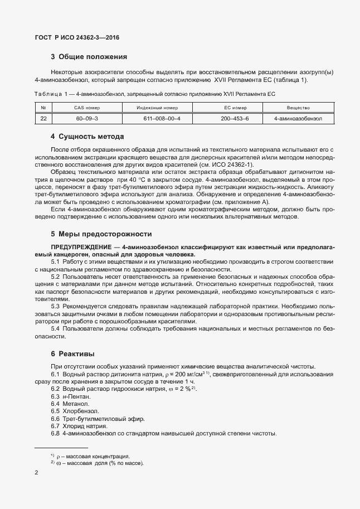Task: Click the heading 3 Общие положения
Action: pos(89,56)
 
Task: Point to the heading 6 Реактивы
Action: pos(72,353)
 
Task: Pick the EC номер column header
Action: pos(235,108)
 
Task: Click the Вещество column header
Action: pos(298,108)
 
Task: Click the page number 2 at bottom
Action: pos(36,473)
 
